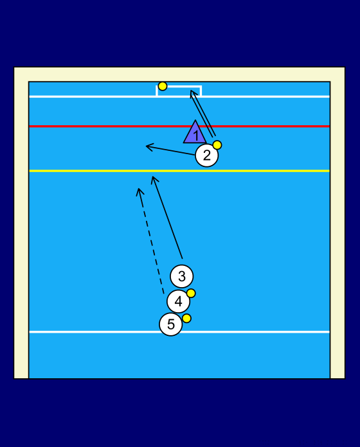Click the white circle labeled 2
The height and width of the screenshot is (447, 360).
207,155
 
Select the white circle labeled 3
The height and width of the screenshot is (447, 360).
182,276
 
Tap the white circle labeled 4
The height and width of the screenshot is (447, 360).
178,301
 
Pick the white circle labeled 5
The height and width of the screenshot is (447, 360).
170,324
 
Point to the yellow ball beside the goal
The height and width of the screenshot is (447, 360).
163,86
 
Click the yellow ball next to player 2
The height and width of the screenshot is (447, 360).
217,145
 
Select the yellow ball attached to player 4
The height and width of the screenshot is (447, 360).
191,293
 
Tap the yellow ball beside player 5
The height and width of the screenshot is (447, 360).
186,318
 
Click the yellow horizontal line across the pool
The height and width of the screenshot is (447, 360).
179,171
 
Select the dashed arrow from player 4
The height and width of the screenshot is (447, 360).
151,241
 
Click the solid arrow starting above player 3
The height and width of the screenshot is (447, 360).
167,217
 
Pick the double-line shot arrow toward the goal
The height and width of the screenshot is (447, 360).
203,114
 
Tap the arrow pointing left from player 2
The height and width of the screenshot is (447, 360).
170,150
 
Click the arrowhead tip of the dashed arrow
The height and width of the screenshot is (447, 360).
139,188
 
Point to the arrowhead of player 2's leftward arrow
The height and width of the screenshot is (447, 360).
146,146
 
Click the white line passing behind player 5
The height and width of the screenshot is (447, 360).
179,332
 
